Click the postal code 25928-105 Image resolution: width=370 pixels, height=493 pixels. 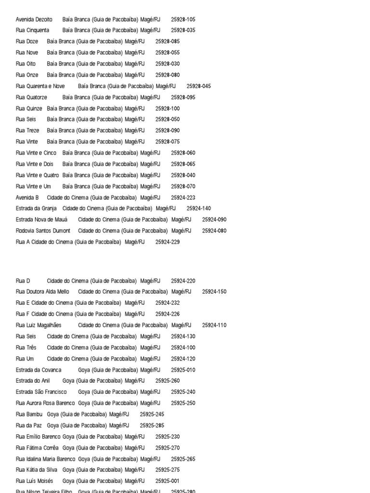pos(183,20)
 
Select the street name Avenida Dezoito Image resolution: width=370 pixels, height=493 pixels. pos(34,20)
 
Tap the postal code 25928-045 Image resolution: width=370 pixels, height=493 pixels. pos(198,86)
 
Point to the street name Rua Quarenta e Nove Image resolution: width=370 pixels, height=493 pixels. pos(40,86)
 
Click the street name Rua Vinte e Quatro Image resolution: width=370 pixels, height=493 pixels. pos(38,175)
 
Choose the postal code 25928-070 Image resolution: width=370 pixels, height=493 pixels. pos(183,186)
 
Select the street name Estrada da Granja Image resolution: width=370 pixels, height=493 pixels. pos(36,208)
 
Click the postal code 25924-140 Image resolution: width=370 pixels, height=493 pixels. pos(198,208)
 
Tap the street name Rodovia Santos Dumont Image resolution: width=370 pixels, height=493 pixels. pos(43,231)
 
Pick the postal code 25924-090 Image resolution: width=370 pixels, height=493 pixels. pos(214,220)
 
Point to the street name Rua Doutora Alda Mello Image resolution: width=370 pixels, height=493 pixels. pos(42,292)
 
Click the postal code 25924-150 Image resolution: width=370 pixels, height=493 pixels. pos(214,292)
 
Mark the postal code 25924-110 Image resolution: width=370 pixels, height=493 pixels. pos(214,325)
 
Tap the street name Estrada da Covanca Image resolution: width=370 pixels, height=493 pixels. pos(39,370)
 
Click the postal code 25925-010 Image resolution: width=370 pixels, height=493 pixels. pos(183,370)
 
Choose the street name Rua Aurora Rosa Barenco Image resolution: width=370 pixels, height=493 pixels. pos(45,403)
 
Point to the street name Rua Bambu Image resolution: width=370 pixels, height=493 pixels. pos(29,414)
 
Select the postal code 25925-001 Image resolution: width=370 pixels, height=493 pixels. pos(168,481)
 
